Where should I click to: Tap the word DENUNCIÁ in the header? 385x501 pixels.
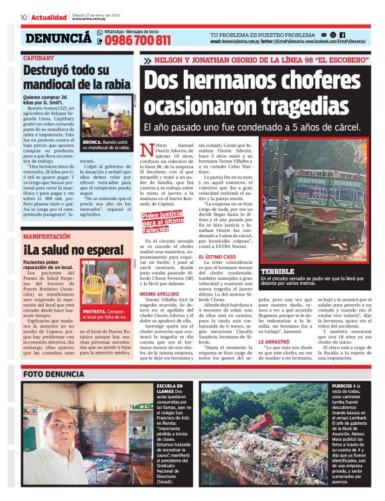pos(58,39)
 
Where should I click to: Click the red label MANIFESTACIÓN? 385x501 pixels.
pos(46,235)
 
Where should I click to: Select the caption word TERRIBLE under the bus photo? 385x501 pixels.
pos(279,272)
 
